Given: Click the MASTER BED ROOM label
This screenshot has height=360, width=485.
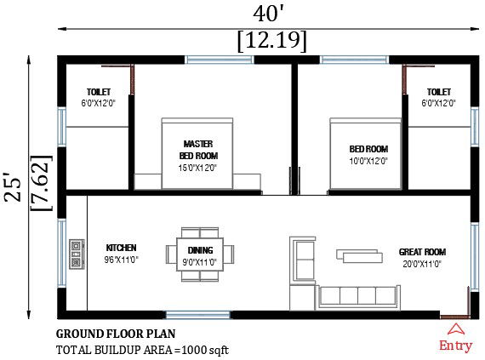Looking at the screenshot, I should [x=198, y=150].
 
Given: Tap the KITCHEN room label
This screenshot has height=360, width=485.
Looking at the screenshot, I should [x=121, y=248].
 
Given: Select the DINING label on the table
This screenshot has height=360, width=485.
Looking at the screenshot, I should [x=202, y=249].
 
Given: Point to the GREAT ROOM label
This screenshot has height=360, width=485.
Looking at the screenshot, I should [x=422, y=252].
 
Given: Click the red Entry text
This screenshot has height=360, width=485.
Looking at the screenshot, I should [x=455, y=345].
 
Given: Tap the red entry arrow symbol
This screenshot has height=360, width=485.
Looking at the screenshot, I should [x=456, y=328].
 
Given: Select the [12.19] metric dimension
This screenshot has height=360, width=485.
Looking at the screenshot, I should [x=272, y=40].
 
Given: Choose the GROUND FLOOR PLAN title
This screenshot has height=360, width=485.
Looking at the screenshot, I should [x=116, y=334].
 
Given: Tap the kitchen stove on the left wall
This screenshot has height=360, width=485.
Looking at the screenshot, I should [x=76, y=254].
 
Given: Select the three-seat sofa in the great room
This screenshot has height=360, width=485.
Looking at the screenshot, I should [x=357, y=297].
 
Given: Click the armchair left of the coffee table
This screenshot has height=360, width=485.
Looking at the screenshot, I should [x=303, y=254].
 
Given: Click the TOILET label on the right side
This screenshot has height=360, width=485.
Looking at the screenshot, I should [x=439, y=91].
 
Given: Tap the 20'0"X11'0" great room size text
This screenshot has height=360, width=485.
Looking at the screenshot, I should [x=421, y=264].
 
